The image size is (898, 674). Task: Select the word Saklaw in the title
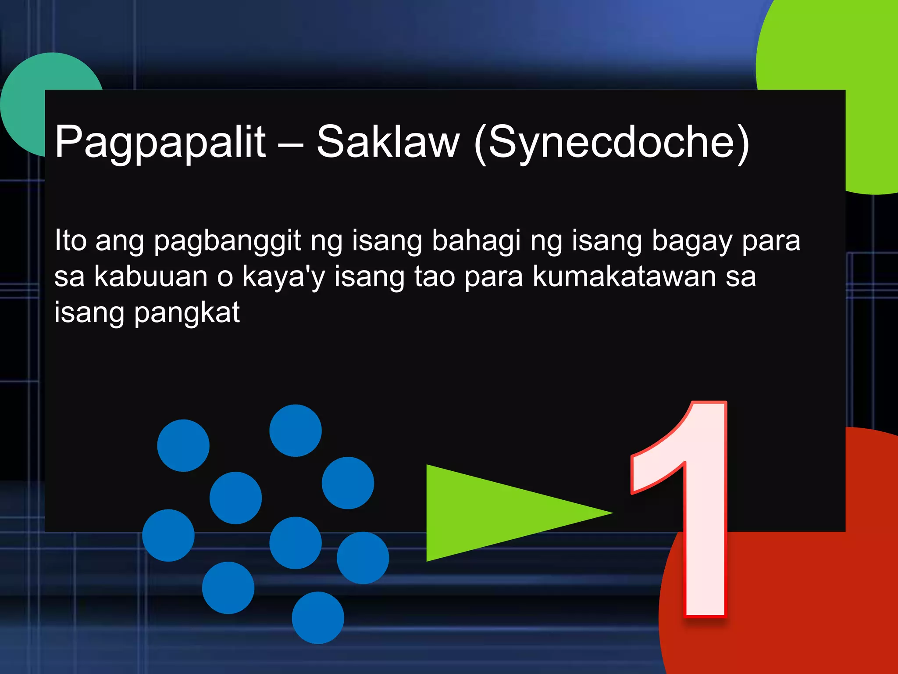[x=388, y=141]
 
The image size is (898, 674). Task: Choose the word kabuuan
[x=151, y=277]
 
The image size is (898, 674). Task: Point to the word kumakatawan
[x=624, y=277]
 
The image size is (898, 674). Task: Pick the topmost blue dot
[x=296, y=430]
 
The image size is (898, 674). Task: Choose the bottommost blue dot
[x=318, y=617]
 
